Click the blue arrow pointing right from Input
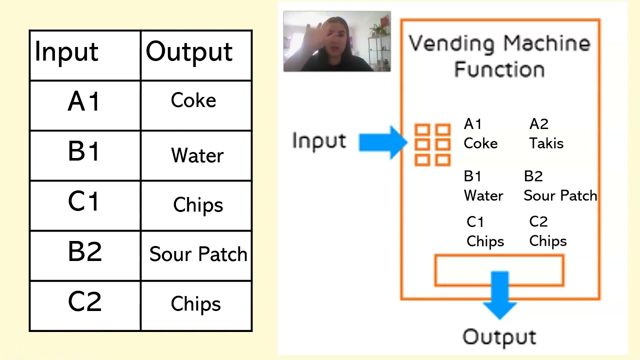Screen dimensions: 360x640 [382, 142]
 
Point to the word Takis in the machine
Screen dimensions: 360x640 [546, 143]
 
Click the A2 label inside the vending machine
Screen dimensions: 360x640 [538, 124]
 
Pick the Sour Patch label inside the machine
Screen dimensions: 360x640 [560, 195]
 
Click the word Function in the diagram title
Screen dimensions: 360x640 [499, 68]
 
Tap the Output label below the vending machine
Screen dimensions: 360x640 [499, 337]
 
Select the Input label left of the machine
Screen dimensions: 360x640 [318, 141]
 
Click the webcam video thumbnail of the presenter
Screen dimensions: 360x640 [336, 41]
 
